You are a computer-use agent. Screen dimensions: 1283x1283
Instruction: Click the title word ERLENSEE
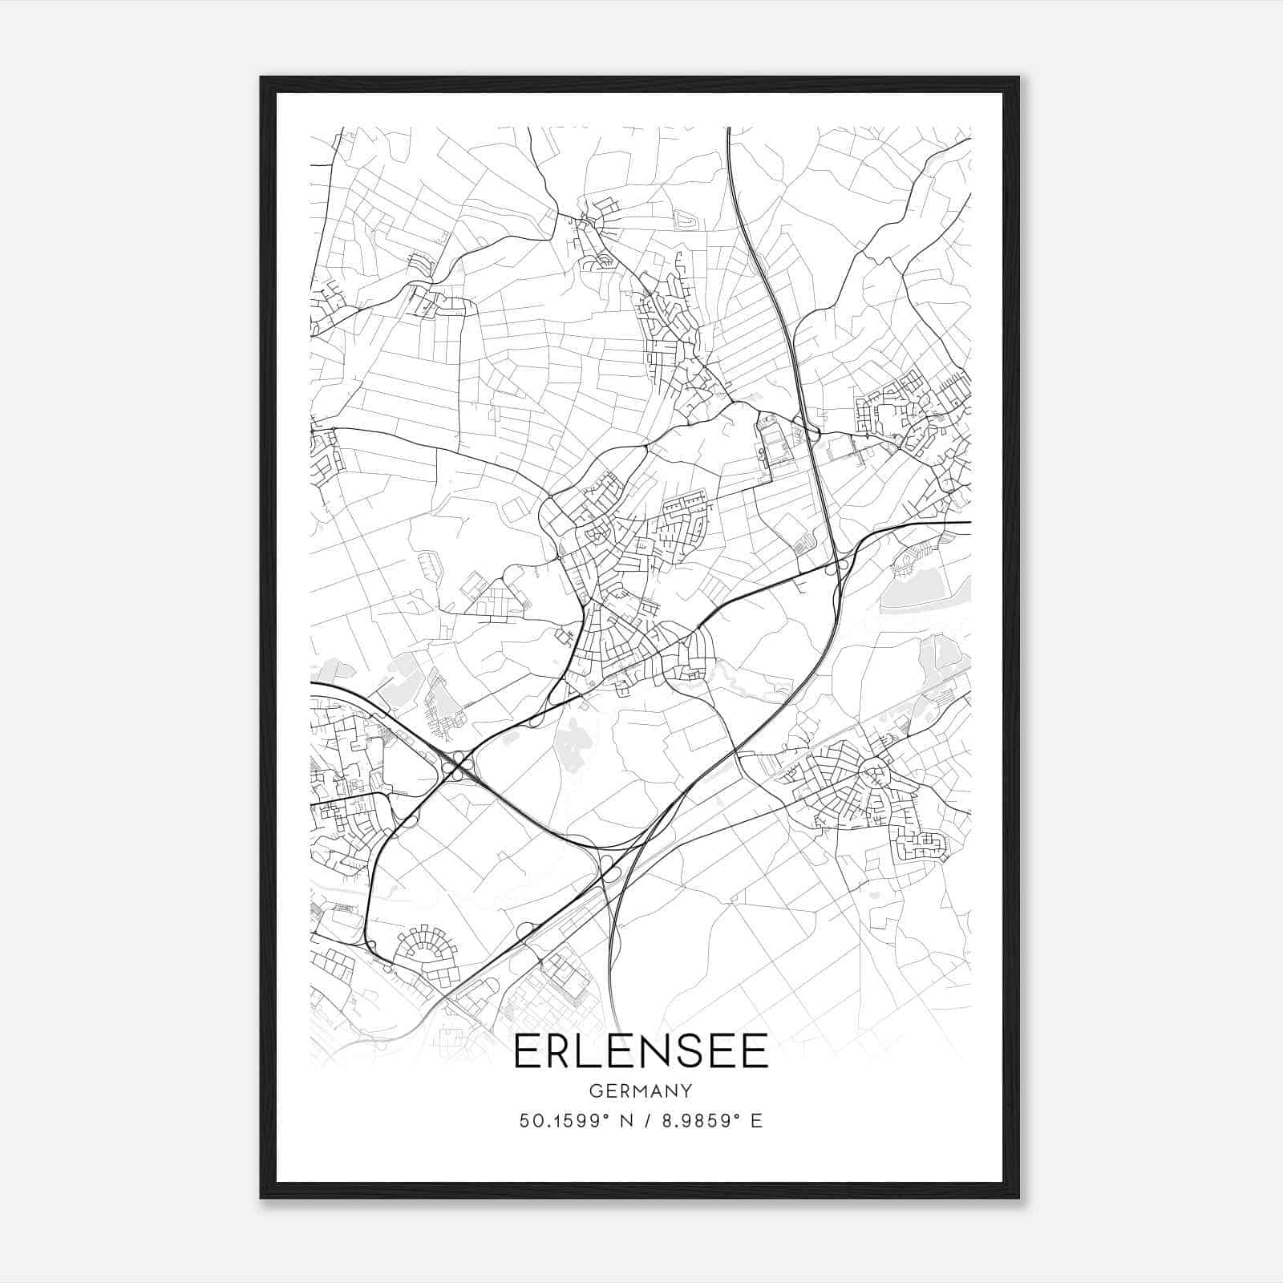pos(641,1050)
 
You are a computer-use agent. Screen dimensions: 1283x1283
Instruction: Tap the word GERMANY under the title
pos(641,1091)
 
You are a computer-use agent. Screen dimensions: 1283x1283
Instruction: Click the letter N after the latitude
pos(627,1121)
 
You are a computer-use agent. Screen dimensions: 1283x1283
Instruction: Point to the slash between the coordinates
pos(647,1121)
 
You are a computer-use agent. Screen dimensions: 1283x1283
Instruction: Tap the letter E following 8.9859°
pos(756,1121)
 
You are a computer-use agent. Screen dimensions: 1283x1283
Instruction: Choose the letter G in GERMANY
pos(594,1091)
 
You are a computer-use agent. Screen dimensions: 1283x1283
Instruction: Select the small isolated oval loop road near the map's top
pos(684,218)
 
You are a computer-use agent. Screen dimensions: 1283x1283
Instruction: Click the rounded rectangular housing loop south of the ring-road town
pos(923,845)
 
